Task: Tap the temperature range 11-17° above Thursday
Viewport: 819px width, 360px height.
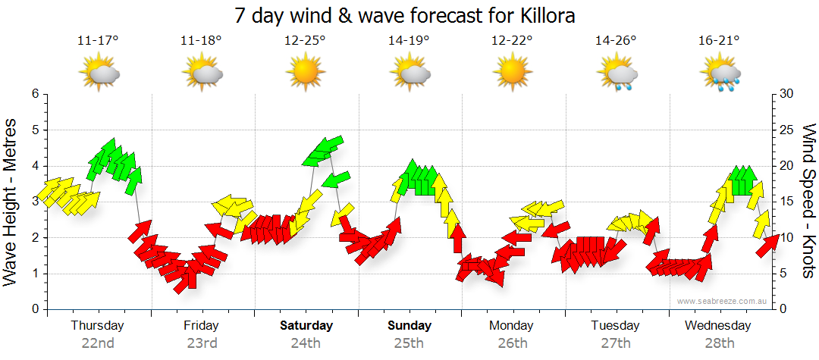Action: [x=98, y=40]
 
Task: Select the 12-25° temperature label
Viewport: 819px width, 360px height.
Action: [x=305, y=40]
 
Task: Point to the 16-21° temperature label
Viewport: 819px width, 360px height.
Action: [x=719, y=40]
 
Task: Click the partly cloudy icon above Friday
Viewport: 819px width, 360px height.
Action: [x=202, y=73]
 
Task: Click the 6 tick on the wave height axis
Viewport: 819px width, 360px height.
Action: [x=34, y=94]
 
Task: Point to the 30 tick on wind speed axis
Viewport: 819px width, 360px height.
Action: [x=786, y=94]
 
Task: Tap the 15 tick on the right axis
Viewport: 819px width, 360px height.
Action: [x=786, y=202]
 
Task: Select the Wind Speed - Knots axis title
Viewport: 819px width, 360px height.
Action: [x=808, y=201]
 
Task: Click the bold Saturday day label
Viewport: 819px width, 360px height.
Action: [x=306, y=326]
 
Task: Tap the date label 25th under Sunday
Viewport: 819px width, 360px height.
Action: [x=409, y=343]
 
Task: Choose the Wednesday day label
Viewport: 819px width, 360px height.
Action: [x=717, y=326]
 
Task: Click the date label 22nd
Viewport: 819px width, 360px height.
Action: [x=98, y=343]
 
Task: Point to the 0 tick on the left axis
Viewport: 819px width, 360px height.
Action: [x=34, y=309]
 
